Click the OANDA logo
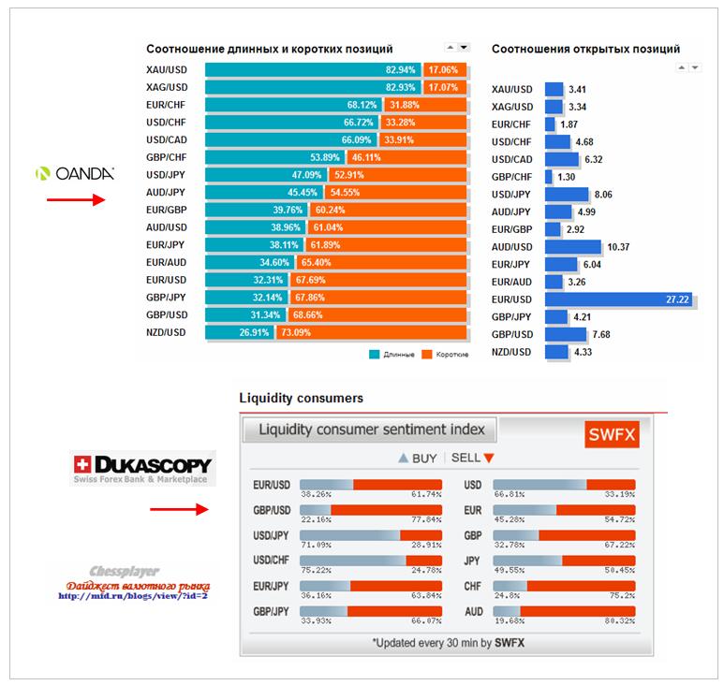(x=75, y=173)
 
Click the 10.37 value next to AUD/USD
(x=618, y=247)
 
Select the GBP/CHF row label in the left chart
(x=167, y=157)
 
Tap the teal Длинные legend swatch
(x=375, y=355)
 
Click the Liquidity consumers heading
(x=302, y=399)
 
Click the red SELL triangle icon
(x=488, y=459)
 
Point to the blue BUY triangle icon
(x=404, y=459)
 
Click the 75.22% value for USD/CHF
(x=317, y=570)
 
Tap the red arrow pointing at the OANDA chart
(x=76, y=199)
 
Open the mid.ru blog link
(x=132, y=595)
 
